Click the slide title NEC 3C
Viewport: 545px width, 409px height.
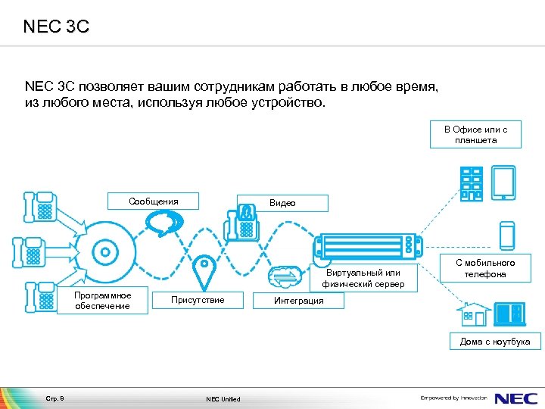coord(56,27)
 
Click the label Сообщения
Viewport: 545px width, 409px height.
coord(154,201)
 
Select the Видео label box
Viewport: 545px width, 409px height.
coord(282,203)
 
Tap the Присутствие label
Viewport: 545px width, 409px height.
coord(198,301)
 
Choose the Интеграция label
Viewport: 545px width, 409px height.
coord(298,301)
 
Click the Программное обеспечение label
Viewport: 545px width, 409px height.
coord(103,301)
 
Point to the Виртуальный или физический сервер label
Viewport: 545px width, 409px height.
coord(363,279)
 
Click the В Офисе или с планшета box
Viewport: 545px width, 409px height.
coord(475,135)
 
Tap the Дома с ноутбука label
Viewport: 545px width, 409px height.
coord(495,342)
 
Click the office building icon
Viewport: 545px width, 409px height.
coord(471,183)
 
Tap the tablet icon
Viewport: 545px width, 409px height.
coord(503,183)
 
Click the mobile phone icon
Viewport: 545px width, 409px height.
coord(506,235)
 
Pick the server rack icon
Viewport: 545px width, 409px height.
coord(369,245)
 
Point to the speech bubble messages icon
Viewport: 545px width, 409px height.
coord(162,222)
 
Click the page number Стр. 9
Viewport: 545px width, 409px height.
coord(56,398)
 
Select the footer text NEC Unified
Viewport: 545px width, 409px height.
coord(223,399)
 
